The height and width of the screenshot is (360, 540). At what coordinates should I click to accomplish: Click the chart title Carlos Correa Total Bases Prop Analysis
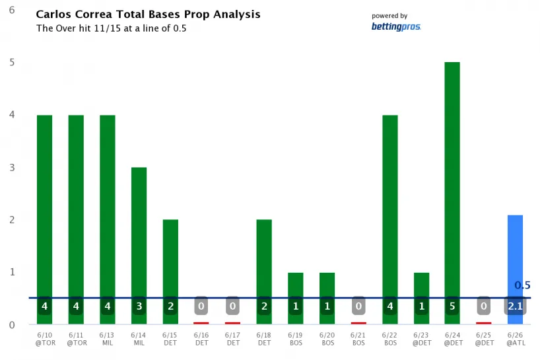[x=148, y=14]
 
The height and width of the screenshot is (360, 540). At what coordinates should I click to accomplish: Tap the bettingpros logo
[x=395, y=27]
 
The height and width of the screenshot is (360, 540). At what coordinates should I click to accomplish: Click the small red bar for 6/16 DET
[x=201, y=323]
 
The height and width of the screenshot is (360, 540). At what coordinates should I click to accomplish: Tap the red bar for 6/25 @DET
[x=483, y=323]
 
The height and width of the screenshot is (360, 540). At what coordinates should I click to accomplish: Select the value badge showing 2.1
[x=515, y=306]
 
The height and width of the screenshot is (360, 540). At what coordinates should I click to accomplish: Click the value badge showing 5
[x=452, y=306]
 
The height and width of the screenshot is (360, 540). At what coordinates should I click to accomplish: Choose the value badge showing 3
[x=139, y=306]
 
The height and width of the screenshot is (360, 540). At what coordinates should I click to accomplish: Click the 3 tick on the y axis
[x=12, y=167]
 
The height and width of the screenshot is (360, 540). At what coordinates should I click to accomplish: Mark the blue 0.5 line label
[x=522, y=285]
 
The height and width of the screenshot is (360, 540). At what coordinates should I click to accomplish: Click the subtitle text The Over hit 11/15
[x=111, y=29]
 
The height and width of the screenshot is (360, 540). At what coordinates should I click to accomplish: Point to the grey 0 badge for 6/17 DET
[x=232, y=306]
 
